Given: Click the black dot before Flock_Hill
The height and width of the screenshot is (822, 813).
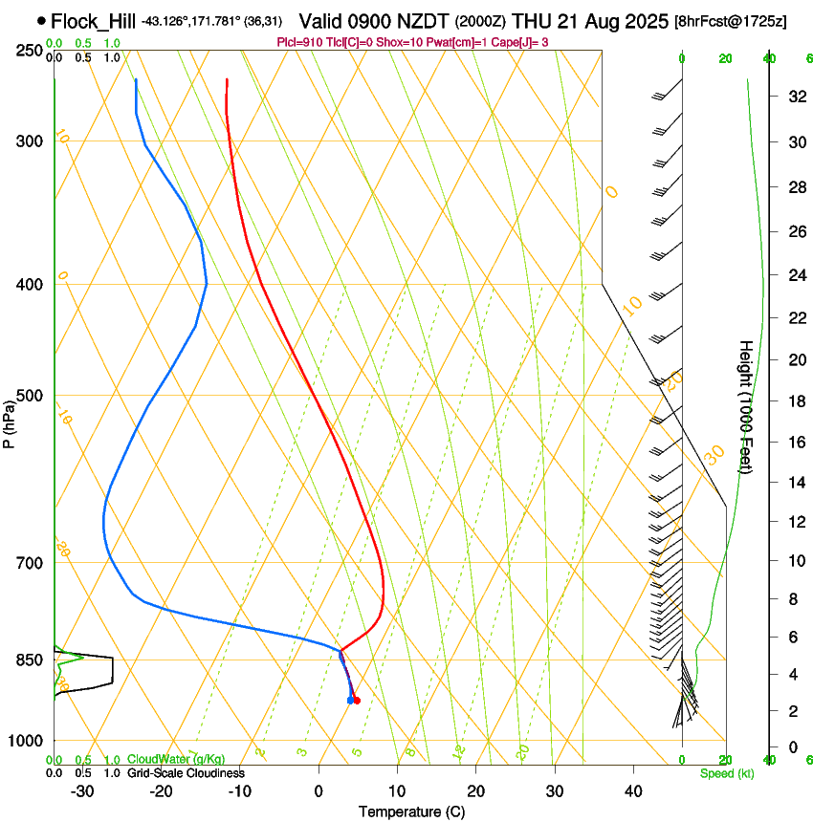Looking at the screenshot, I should click(x=41, y=20).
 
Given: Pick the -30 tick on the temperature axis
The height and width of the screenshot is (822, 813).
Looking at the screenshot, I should click(x=82, y=791).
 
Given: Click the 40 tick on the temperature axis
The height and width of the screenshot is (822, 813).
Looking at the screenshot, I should click(x=633, y=791).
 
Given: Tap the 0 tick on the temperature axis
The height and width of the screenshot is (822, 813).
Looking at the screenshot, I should click(x=319, y=791).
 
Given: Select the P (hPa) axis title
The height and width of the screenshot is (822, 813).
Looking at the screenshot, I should click(x=10, y=418).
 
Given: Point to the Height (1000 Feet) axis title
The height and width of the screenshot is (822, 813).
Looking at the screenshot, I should click(x=746, y=406).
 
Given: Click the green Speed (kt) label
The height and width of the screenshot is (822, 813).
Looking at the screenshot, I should click(x=726, y=773).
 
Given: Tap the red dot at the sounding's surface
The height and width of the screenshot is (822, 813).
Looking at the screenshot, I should click(x=357, y=701).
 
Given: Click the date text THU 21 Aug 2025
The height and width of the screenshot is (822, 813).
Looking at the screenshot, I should click(x=592, y=21).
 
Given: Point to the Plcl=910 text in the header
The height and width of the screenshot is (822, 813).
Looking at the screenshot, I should click(x=298, y=42).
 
